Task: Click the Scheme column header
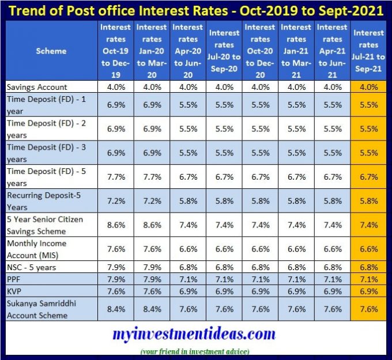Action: [x=51, y=51]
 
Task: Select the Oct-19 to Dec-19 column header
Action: [x=115, y=51]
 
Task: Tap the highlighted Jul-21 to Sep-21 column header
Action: [x=368, y=51]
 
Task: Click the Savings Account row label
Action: [x=37, y=87]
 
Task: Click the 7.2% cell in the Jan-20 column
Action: [x=152, y=202]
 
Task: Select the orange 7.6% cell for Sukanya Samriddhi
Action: [x=368, y=310]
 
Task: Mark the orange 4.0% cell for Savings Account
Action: [x=368, y=87]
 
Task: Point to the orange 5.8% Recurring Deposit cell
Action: [x=368, y=202]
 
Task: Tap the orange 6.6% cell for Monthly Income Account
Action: [x=368, y=249]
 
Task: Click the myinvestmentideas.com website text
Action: [x=194, y=335]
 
